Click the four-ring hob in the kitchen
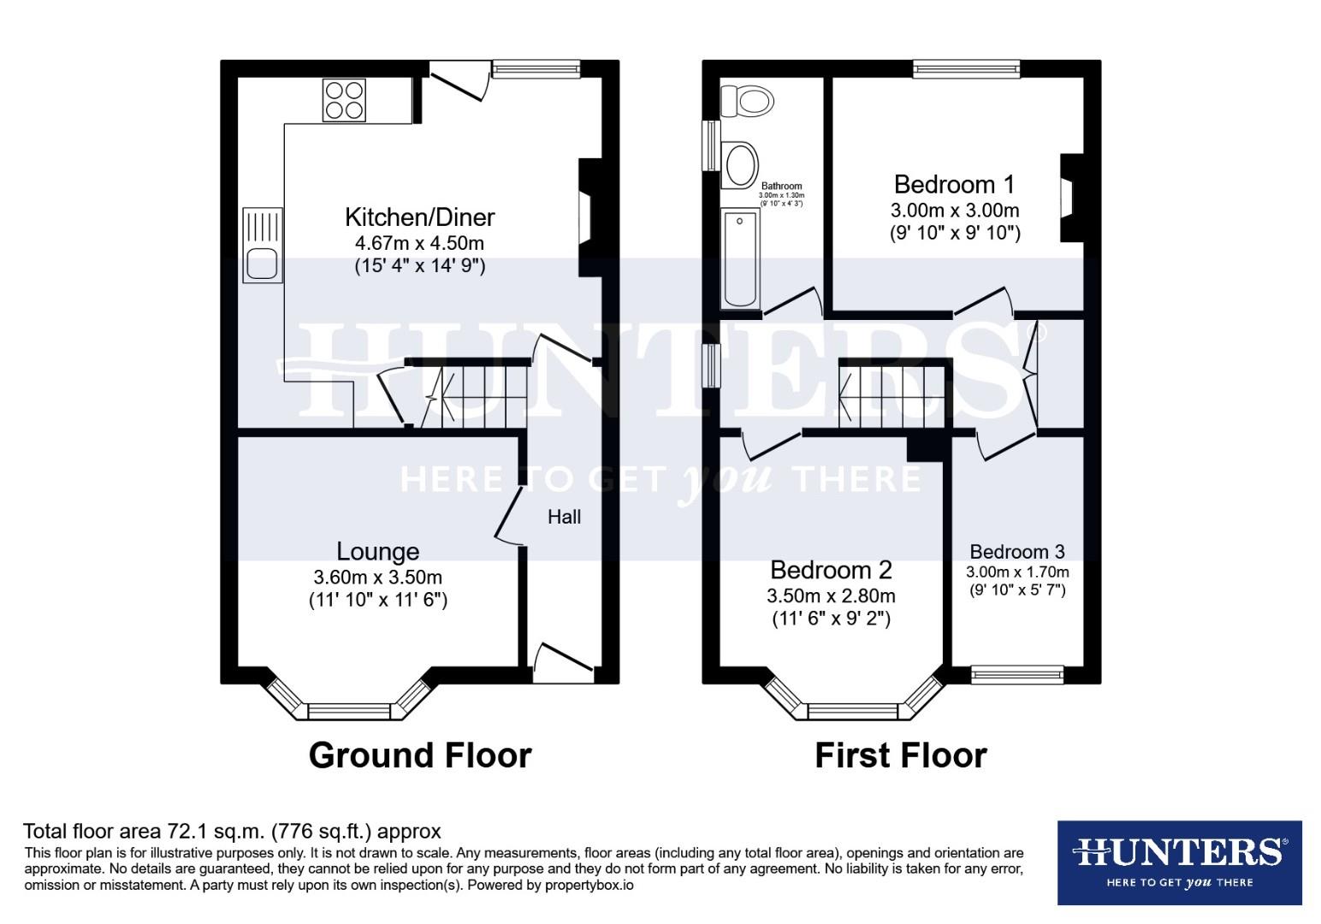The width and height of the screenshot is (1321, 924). point(344,99)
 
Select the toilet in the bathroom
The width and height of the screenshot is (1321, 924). point(747,102)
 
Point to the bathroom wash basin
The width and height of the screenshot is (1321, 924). point(740,164)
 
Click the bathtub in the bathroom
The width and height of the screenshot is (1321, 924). point(740,258)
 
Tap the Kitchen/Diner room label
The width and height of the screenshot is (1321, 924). point(419,216)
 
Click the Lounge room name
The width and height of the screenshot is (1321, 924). point(377,552)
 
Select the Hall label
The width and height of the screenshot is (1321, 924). point(564,517)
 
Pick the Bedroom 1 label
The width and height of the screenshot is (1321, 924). point(954,184)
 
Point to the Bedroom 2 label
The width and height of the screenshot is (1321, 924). point(831,569)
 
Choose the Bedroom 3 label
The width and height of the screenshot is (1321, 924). point(1017,552)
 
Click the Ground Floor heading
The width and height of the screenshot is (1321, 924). point(419,755)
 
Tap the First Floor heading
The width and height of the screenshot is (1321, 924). point(900,755)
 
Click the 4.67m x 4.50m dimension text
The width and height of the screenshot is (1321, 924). point(419,243)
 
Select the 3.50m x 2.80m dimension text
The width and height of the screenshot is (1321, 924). point(831,595)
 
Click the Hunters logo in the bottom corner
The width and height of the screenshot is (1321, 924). point(1179,862)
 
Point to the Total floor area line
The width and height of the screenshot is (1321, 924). point(232,831)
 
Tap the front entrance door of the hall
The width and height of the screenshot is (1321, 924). point(562,664)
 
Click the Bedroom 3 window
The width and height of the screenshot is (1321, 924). point(1017,675)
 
